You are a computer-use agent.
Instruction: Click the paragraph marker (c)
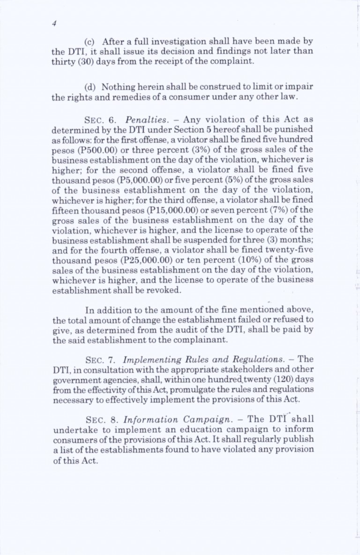89,47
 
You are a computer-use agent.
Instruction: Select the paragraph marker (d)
90,87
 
